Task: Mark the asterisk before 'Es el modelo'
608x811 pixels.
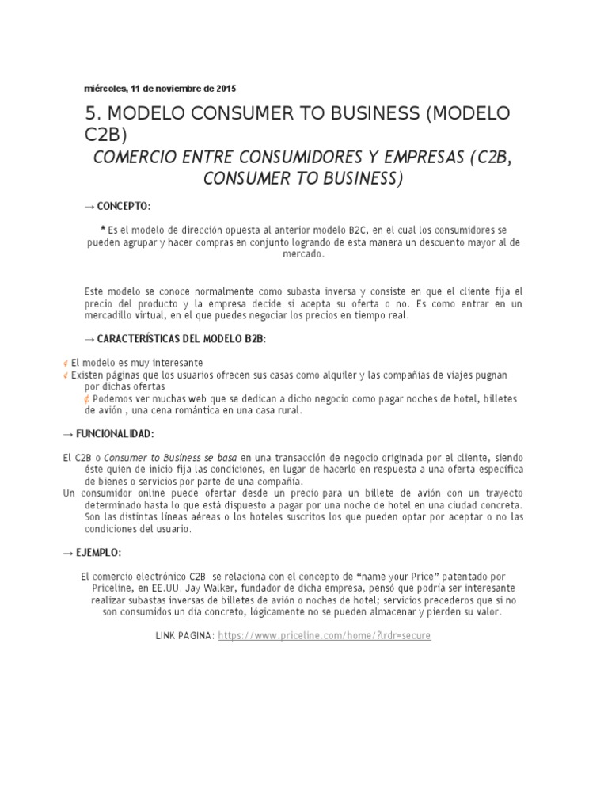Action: (104, 228)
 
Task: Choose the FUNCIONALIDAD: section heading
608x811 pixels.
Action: (114, 435)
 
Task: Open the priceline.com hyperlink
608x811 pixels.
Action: (325, 636)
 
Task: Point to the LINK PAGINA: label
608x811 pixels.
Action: (185, 636)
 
